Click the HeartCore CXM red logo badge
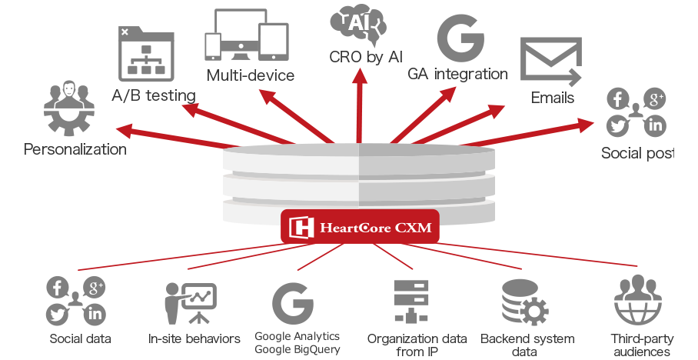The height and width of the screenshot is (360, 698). tap(360, 227)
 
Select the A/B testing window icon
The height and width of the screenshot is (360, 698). tap(143, 54)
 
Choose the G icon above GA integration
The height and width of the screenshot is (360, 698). tap(460, 35)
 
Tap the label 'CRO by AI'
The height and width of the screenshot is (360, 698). tap(366, 58)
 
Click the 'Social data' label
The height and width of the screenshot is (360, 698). tap(80, 338)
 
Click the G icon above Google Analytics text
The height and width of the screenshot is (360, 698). tap(296, 305)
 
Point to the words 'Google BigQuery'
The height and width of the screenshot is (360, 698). tap(297, 350)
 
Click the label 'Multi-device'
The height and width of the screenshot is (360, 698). tap(251, 75)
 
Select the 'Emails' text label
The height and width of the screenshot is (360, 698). tap(553, 98)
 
